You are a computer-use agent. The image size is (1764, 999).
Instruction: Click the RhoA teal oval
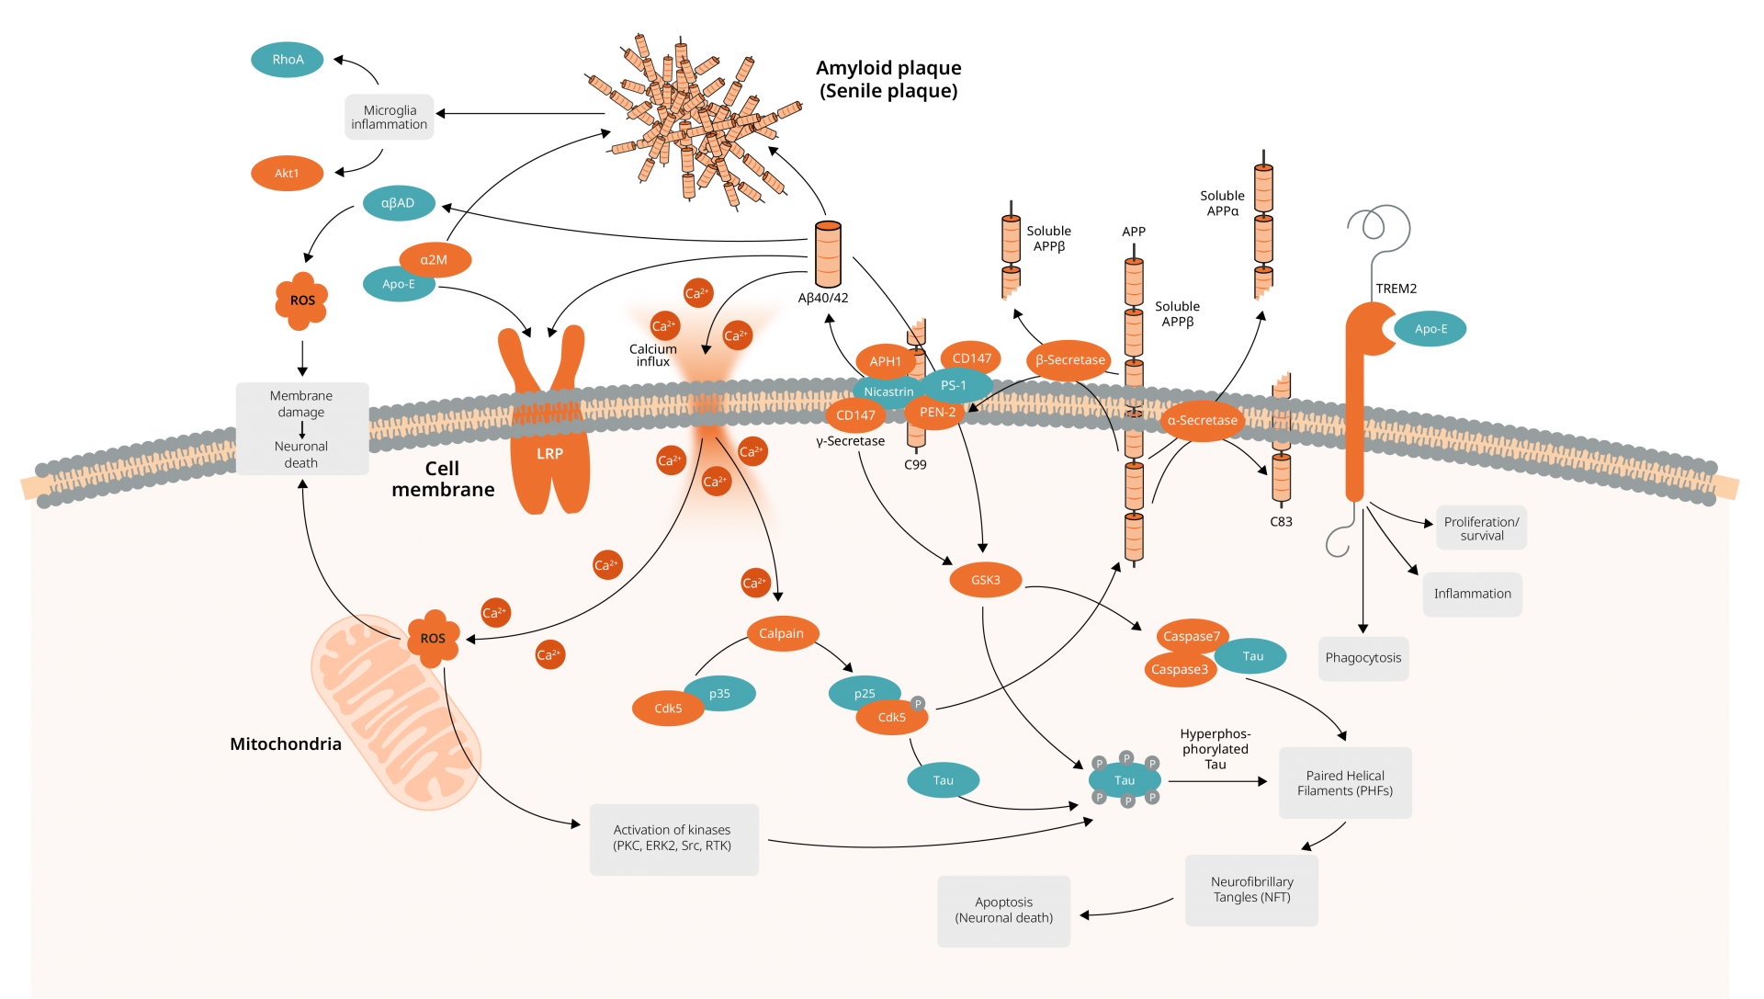(288, 60)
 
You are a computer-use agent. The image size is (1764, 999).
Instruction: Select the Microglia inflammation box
(390, 118)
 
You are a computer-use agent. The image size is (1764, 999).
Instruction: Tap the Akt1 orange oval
(287, 174)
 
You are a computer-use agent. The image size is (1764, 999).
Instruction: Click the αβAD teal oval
(398, 203)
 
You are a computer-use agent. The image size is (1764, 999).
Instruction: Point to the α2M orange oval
(435, 260)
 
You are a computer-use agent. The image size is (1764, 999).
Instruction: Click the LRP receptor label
(549, 454)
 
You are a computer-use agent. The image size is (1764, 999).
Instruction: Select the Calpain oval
(781, 633)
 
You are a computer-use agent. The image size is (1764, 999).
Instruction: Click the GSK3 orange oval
(985, 580)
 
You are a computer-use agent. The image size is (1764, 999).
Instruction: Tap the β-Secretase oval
(1069, 360)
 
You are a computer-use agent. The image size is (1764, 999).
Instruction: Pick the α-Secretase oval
(1202, 420)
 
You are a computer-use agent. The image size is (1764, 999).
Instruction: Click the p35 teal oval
(720, 693)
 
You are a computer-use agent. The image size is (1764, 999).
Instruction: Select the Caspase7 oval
(1191, 636)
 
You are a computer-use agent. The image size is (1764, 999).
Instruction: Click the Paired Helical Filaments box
(1345, 783)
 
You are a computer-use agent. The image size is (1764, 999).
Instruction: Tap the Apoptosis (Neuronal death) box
(1003, 910)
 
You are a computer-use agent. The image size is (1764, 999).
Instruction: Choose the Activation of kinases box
(673, 838)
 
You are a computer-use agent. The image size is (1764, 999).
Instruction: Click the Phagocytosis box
(1363, 658)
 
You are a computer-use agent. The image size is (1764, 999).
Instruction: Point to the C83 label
(1281, 522)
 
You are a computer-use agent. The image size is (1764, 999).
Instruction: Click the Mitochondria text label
(286, 744)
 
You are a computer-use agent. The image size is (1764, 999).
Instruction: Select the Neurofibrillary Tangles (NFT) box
(1251, 890)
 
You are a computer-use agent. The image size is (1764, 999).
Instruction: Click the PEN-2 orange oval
(937, 413)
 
